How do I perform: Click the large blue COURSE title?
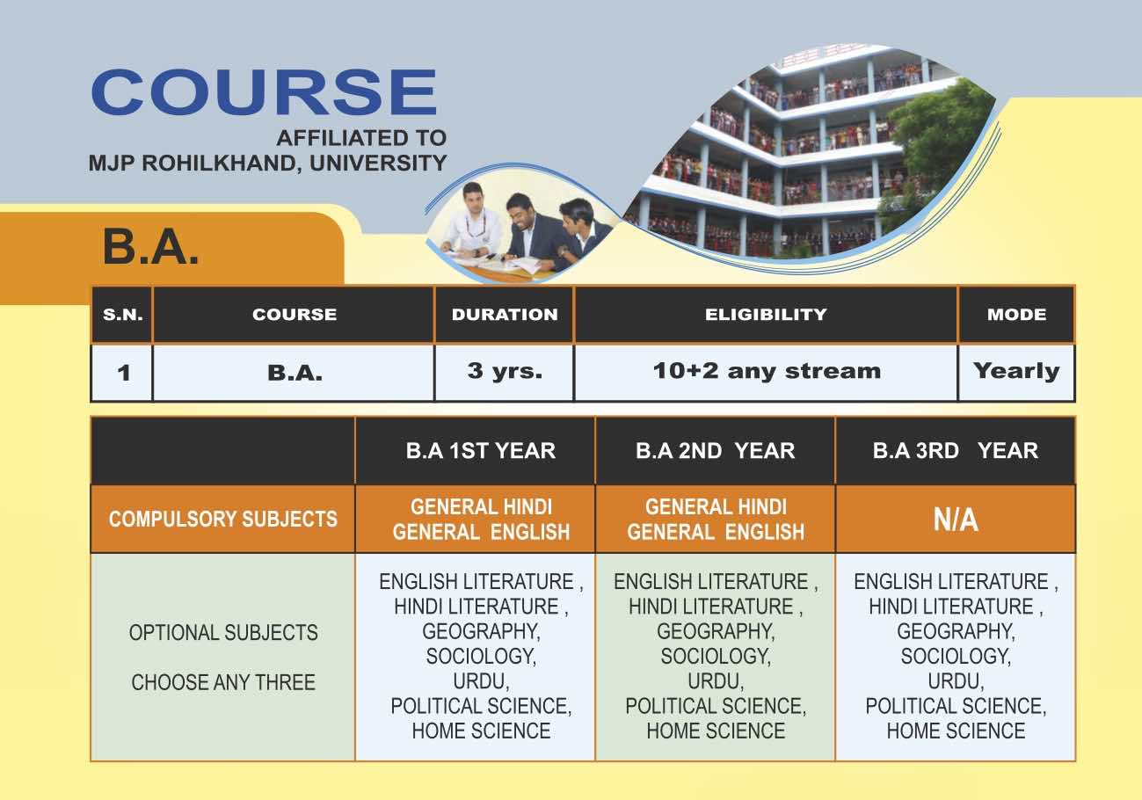point(264,92)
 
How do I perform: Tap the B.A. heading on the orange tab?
point(151,247)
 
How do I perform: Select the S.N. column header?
point(122,315)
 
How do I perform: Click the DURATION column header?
point(505,315)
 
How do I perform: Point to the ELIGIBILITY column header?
point(766,315)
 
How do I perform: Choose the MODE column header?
point(1016,315)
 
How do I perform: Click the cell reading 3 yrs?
point(505,372)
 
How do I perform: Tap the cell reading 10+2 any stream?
point(767,371)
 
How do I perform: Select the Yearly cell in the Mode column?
point(1016,372)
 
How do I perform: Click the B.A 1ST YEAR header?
point(481,451)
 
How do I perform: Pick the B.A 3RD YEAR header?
point(956,451)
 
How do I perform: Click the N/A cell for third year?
point(956,520)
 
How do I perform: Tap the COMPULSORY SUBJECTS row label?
point(222,519)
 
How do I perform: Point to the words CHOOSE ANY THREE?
point(223,682)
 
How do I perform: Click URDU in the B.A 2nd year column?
point(716,681)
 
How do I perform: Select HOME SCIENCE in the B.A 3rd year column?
point(956,731)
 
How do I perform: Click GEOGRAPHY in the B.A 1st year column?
point(481,632)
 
